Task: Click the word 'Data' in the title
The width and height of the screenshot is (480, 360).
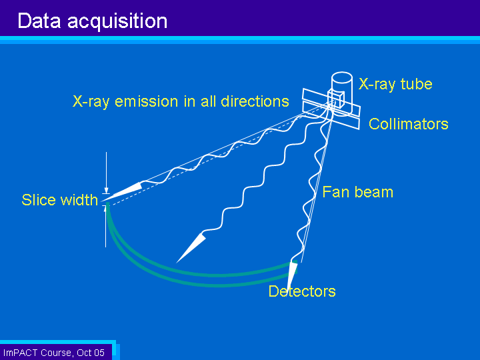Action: pos(39,21)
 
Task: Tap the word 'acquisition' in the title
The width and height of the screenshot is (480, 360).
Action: pos(117,21)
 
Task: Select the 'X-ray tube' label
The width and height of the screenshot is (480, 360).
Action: pos(395,84)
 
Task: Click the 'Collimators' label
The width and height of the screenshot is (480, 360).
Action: pos(409,124)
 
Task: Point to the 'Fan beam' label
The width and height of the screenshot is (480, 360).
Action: pos(358,192)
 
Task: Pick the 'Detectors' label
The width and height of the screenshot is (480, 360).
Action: pos(302,291)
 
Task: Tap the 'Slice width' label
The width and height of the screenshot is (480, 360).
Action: pos(60,200)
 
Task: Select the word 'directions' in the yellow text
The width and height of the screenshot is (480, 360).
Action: pos(255,101)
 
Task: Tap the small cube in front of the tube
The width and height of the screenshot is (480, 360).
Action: pos(336,98)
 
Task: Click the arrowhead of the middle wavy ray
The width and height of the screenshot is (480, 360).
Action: pos(190,248)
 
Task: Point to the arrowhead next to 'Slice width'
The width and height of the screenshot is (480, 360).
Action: pos(123,192)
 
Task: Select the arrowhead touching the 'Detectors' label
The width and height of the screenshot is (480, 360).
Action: pos(292,275)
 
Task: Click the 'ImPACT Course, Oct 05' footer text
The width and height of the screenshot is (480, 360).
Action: pos(53,353)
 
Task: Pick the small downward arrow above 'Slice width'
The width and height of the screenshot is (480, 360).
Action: pos(106,173)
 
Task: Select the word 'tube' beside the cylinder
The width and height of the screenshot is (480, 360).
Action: pos(416,83)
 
